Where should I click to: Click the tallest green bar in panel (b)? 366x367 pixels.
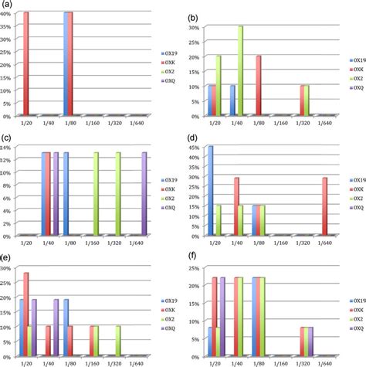click(x=240, y=71)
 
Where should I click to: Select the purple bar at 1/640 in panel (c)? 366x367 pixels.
click(x=144, y=194)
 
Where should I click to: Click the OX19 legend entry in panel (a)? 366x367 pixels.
click(x=169, y=53)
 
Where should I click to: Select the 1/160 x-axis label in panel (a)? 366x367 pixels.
click(x=92, y=123)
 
